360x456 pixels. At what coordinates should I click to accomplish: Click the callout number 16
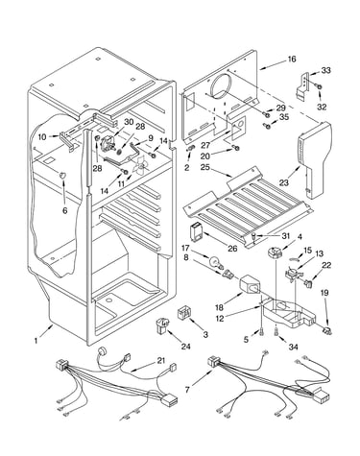pyautogui.click(x=292, y=60)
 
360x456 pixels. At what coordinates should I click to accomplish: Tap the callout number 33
pyautogui.click(x=325, y=70)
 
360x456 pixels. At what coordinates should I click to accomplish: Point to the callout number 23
pyautogui.click(x=283, y=182)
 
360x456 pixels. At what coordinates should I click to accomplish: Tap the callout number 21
pyautogui.click(x=160, y=361)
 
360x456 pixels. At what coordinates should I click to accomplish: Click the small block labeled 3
pyautogui.click(x=184, y=312)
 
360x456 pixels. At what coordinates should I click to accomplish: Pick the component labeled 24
pyautogui.click(x=163, y=324)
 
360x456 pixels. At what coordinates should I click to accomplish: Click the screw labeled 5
pyautogui.click(x=262, y=332)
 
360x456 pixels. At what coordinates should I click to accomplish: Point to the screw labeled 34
pyautogui.click(x=276, y=332)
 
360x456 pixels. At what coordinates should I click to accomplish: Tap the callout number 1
pyautogui.click(x=36, y=341)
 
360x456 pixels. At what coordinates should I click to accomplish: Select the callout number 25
pyautogui.click(x=205, y=167)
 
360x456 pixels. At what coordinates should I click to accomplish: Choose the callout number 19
pyautogui.click(x=324, y=293)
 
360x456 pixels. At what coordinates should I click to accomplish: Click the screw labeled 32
pyautogui.click(x=319, y=86)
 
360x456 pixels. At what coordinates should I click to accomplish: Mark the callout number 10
pyautogui.click(x=43, y=137)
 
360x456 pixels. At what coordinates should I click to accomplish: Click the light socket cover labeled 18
pyautogui.click(x=251, y=284)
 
